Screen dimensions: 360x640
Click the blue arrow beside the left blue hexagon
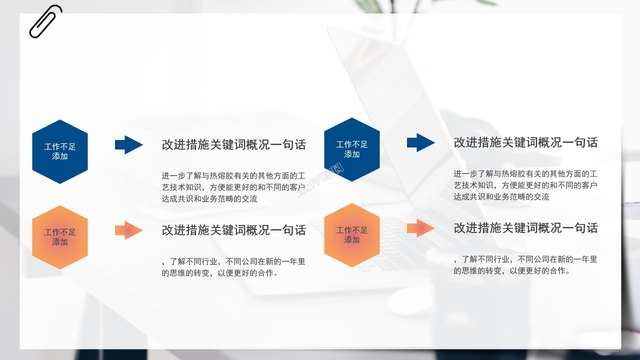tap(129, 144)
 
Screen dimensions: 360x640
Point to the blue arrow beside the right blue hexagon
tap(421, 142)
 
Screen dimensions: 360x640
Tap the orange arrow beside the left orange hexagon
tap(129, 230)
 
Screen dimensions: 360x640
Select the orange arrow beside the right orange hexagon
tap(421, 228)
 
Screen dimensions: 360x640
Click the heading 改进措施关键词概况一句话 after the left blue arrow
tap(233, 145)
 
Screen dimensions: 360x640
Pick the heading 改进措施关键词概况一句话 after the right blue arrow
tap(525, 142)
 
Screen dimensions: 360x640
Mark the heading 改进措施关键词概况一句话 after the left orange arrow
tap(233, 230)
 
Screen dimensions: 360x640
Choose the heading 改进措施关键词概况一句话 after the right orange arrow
tap(525, 228)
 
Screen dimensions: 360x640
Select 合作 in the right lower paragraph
tap(557, 271)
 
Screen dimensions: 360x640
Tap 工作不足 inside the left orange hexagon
tap(60, 232)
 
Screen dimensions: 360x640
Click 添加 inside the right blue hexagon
tap(352, 154)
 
